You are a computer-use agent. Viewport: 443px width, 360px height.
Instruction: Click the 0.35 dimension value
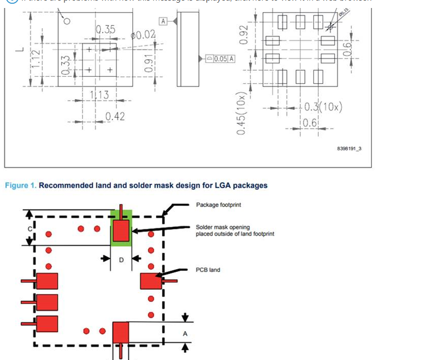click(105, 29)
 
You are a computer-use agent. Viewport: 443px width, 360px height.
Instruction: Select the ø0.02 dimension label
click(143, 35)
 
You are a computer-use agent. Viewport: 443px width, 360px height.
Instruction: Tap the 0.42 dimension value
click(115, 116)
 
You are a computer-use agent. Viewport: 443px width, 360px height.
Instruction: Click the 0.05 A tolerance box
click(220, 58)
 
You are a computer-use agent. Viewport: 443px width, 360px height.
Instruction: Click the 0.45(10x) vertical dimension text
click(242, 114)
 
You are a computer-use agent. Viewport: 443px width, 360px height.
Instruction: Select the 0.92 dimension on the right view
click(244, 35)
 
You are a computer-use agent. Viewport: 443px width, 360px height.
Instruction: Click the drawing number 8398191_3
click(349, 148)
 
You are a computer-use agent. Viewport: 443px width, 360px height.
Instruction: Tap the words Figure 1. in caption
click(21, 186)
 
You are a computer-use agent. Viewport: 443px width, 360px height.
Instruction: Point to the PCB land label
click(208, 270)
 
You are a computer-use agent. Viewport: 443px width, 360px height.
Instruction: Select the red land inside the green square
click(122, 231)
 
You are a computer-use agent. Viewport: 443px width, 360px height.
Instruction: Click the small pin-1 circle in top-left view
click(67, 21)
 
